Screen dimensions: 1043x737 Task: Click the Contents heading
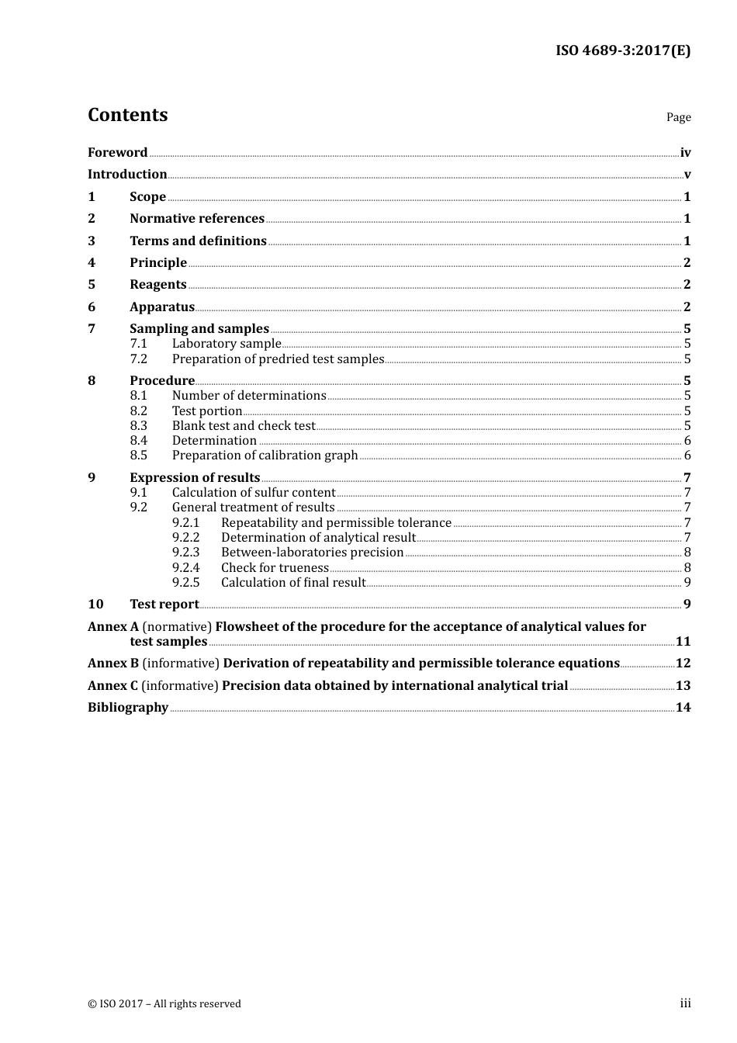[127, 115]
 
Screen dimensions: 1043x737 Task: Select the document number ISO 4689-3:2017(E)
[622, 50]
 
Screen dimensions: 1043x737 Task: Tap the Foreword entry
[117, 152]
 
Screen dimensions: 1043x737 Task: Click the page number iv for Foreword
[685, 152]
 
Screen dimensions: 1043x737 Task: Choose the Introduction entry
[127, 174]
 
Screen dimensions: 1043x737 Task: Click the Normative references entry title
[197, 218]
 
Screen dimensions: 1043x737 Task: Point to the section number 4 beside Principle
[92, 262]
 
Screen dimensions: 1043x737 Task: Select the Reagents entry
[158, 284]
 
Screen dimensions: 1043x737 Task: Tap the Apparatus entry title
[162, 307]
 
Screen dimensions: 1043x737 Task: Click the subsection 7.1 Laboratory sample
[227, 343]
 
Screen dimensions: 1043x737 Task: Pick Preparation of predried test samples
[278, 359]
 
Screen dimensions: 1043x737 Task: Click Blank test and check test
[244, 425]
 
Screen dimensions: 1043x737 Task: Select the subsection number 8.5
[138, 455]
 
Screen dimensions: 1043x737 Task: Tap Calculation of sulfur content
[254, 492]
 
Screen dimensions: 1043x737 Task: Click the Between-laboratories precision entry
[312, 552]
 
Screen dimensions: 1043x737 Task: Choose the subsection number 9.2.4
[185, 567]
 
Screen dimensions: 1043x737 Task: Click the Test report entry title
[164, 604]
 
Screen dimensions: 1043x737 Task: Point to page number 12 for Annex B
[683, 663]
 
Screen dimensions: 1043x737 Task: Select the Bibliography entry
[128, 707]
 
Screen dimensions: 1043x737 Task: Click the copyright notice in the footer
[164, 1003]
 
